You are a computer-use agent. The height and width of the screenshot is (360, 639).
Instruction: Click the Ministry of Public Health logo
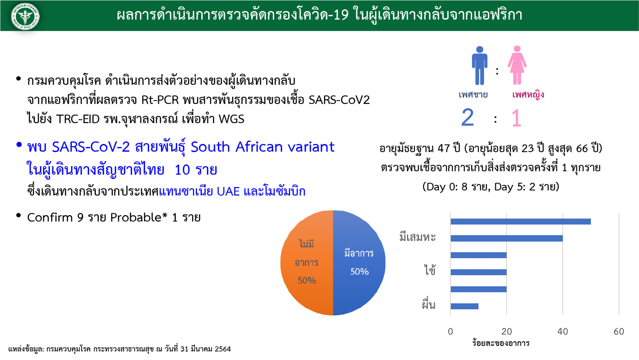coord(26,16)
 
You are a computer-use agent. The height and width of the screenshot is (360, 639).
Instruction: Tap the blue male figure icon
coord(479,65)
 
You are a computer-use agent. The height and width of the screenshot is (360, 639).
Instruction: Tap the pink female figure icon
coord(517,65)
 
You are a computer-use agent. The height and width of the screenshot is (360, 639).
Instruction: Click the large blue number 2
coord(467,117)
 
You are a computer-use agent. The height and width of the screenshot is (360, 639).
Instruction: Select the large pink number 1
coord(516,118)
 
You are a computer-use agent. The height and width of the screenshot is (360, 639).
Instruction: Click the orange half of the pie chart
coord(307,263)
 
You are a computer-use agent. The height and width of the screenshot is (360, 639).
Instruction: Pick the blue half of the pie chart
coord(359,263)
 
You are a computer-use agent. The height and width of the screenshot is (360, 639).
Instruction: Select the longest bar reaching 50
coord(521,222)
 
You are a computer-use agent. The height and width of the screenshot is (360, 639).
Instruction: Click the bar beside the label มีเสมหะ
coord(507,239)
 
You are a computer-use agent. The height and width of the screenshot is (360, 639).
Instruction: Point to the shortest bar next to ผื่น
coord(464,306)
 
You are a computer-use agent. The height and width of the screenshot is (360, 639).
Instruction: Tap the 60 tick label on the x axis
coord(619,331)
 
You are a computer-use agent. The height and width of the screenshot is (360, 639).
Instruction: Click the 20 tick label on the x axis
coord(507,331)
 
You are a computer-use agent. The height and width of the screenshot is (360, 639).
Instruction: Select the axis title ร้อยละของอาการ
coord(501,343)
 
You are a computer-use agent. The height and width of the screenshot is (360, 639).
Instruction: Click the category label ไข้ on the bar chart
coord(430,269)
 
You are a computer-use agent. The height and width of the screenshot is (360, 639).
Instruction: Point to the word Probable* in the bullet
coord(139,218)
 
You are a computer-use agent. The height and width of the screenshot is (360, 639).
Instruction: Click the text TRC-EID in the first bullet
coord(78,119)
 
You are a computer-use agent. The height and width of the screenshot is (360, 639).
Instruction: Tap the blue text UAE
coord(228,191)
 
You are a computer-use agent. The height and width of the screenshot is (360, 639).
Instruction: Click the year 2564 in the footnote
coord(223,349)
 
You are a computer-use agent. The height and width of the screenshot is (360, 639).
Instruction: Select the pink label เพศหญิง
coord(528,95)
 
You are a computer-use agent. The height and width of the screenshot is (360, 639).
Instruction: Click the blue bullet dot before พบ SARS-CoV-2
coord(19,145)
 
